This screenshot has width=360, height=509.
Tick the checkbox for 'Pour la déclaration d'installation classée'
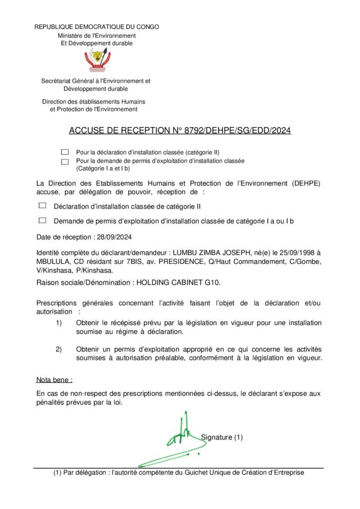[65, 152]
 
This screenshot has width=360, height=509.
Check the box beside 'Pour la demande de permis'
[65, 161]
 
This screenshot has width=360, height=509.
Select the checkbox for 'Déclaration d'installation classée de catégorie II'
[42, 205]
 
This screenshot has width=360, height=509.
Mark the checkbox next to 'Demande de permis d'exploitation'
[42, 220]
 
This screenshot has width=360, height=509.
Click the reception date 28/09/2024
[114, 237]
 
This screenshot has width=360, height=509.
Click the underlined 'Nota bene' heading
[54, 380]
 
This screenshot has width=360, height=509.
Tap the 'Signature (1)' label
[222, 437]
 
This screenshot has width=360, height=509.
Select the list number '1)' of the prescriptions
[59, 323]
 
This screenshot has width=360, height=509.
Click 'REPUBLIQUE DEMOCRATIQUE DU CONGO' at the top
[96, 27]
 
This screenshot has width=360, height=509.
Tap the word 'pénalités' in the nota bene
[51, 403]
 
